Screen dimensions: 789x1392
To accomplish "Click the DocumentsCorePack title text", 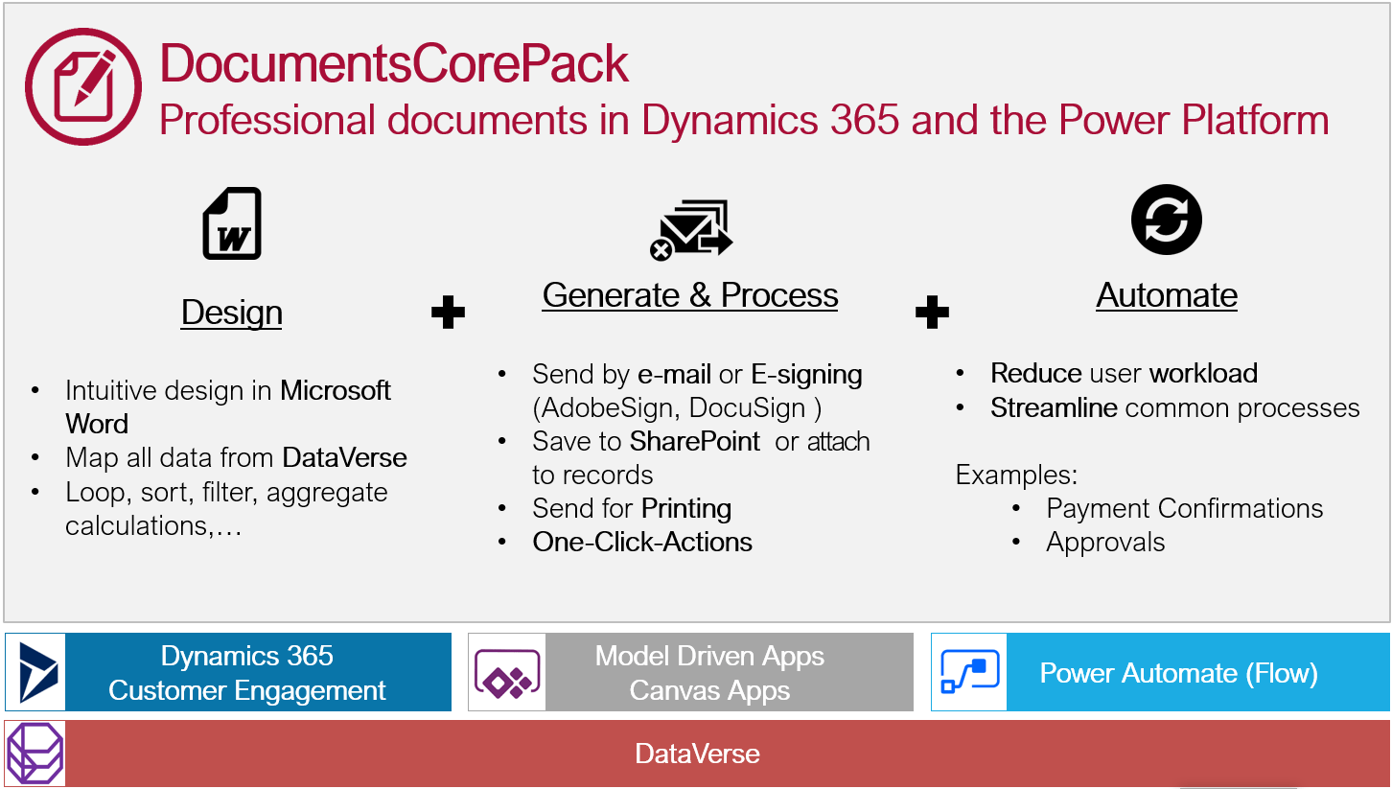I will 394,63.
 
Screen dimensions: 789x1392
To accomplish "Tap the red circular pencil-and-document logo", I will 83,86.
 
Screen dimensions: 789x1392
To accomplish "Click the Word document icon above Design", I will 232,223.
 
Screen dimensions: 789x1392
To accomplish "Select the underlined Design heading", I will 231,313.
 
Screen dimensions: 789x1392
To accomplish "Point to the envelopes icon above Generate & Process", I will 691,230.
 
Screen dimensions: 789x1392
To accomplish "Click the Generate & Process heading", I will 690,295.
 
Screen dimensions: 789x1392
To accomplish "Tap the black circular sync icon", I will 1166,220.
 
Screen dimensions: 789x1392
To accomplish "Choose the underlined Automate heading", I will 1167,295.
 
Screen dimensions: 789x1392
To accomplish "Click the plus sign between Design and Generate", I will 448,312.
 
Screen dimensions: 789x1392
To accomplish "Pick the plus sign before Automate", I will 932,312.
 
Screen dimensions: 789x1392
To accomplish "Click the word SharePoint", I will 695,441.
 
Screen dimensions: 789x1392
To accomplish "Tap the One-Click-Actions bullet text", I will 642,542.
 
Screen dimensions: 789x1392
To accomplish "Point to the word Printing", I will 686,508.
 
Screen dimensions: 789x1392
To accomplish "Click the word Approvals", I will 1105,542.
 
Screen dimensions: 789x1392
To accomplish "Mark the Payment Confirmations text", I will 1185,508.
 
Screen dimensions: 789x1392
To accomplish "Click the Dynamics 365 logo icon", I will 36,672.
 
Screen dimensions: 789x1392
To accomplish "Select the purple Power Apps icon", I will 507,673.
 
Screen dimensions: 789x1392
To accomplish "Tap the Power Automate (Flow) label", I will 1178,673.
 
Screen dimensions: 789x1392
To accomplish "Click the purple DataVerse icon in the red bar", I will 35,754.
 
